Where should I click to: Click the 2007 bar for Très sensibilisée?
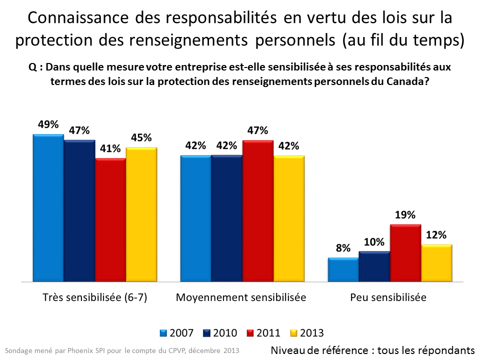tap(48, 208)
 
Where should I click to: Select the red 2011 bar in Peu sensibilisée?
tap(405, 253)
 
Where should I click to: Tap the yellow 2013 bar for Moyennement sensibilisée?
tap(289, 219)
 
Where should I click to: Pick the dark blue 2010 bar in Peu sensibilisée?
tap(374, 266)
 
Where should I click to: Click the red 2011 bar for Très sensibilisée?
tap(110, 220)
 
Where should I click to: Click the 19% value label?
tap(405, 215)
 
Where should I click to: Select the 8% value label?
tap(343, 248)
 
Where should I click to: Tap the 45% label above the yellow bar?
tap(141, 137)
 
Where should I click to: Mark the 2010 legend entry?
tap(219, 333)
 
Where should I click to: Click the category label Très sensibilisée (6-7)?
tap(94, 297)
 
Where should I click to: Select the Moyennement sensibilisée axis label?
tap(241, 297)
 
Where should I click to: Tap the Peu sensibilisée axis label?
tap(388, 297)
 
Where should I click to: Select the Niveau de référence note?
tap(372, 350)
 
